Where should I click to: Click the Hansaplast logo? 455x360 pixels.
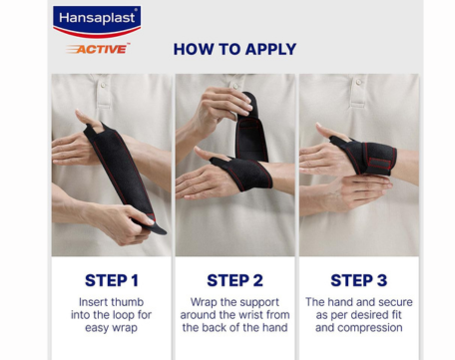point(97,21)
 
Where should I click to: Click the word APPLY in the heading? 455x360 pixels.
point(270,49)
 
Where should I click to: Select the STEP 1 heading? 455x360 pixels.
point(112,280)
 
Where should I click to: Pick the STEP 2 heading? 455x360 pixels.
point(234,280)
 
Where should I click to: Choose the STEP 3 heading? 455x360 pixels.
point(359,280)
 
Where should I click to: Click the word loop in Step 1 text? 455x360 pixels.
point(123,315)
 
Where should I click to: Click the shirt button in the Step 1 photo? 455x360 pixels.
point(103,86)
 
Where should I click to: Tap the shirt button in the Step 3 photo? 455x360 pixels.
point(358,82)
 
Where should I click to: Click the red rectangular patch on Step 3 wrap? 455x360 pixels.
point(379,163)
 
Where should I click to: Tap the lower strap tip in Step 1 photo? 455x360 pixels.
point(159,230)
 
